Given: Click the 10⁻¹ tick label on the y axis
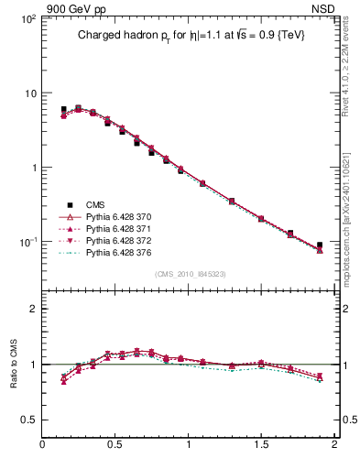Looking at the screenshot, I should (x=26, y=242).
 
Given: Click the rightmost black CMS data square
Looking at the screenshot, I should (x=319, y=245).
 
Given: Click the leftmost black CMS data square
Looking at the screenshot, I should (x=63, y=109).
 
